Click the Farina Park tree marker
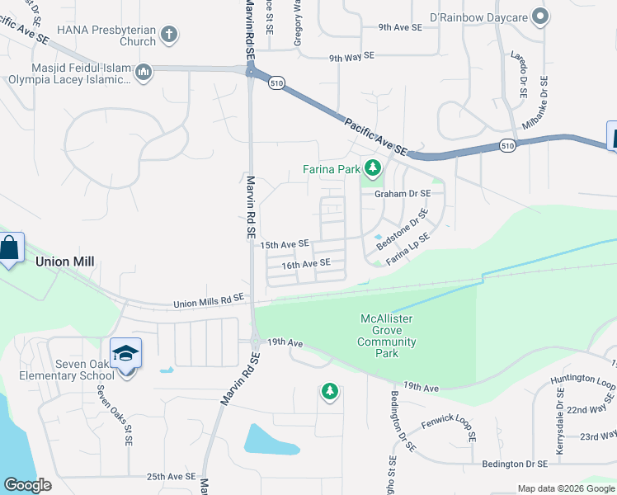point(373,169)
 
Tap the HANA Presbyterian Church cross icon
point(168,35)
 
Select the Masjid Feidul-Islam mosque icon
point(144,73)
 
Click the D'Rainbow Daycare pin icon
point(539,16)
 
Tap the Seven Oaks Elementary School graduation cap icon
point(125,353)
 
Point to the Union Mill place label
point(64,262)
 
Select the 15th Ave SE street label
point(285,244)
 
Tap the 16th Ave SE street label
point(306,264)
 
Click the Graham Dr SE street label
point(403,194)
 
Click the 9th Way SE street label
point(351,57)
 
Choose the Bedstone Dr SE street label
point(403,230)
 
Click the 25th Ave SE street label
point(171,477)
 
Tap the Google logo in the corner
point(27,485)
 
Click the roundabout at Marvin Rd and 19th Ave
point(256,340)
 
